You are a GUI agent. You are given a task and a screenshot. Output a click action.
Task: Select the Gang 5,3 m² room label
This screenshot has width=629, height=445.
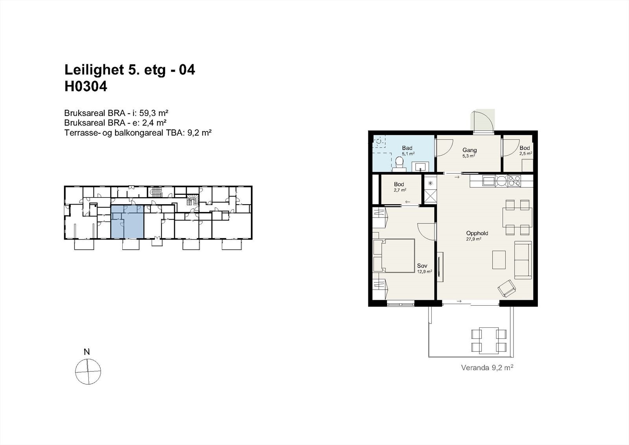469,152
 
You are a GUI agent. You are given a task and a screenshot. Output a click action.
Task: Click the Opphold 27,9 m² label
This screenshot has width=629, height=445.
477,235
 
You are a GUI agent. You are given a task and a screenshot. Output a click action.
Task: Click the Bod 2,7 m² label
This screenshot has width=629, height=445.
399,186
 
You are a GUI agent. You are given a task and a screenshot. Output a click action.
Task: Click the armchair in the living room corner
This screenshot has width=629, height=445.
507,289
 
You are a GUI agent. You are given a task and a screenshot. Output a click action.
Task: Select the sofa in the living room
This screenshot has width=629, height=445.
523,260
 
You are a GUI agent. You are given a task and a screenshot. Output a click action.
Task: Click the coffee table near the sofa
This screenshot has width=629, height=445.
499,260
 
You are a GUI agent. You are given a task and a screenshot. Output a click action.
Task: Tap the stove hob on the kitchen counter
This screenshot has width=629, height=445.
514,181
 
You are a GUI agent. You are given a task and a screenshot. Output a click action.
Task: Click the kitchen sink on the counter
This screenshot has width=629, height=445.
489,181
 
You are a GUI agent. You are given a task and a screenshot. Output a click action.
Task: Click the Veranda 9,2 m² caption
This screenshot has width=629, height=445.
487,368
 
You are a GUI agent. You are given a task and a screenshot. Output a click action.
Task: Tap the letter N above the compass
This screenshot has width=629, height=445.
87,352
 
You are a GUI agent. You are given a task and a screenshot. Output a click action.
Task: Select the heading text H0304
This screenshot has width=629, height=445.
86,87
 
